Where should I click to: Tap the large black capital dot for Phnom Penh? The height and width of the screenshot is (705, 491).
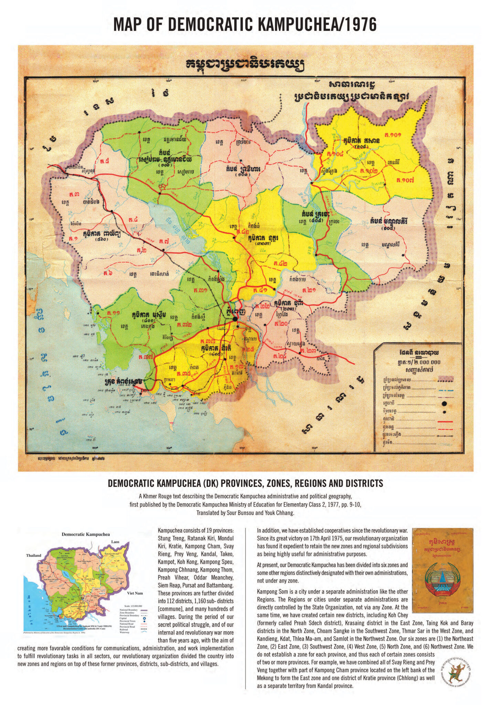pos(235,319)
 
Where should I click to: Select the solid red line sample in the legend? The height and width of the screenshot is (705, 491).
pos(446,421)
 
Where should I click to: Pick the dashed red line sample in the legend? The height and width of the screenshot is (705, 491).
pos(446,429)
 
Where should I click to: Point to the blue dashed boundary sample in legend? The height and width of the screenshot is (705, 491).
pos(446,390)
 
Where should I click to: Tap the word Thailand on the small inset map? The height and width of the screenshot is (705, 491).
pos(33,555)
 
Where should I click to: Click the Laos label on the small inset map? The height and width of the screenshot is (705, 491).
pos(115,542)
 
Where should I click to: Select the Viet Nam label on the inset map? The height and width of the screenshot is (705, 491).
pos(135,593)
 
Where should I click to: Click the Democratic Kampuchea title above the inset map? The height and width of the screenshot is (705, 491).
pos(86,535)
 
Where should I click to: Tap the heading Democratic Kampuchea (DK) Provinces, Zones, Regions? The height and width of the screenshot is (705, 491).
pos(245,483)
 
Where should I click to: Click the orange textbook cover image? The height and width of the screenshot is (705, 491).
pos(442,570)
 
